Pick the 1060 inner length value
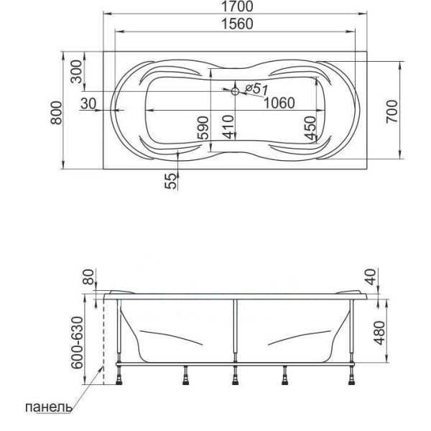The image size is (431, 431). click(279, 103)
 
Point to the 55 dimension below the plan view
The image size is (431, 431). click(171, 180)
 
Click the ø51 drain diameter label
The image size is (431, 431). click(256, 88)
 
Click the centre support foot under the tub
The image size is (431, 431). click(234, 374)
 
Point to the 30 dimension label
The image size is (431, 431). click(88, 103)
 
